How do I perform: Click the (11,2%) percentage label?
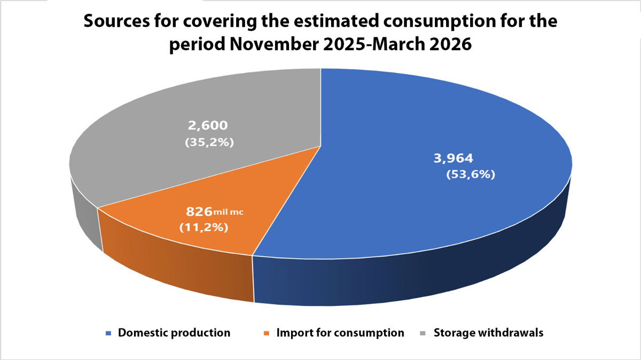(x=204, y=228)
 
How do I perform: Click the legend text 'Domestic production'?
(x=174, y=333)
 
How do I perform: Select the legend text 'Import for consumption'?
(x=340, y=333)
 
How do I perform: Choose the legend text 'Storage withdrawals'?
(x=488, y=333)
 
